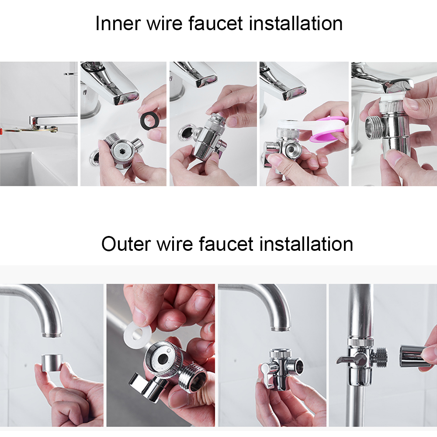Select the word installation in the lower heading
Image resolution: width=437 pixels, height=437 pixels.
(306, 243)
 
